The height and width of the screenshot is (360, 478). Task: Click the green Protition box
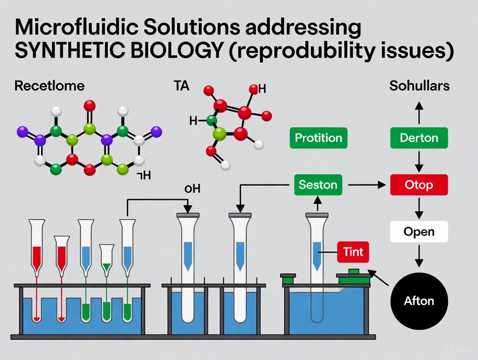(x=318, y=138)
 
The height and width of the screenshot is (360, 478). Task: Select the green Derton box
(x=419, y=138)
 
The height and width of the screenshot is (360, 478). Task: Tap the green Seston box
(x=318, y=185)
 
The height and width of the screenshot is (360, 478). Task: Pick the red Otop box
(x=419, y=185)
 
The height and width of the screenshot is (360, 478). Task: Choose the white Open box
(x=419, y=231)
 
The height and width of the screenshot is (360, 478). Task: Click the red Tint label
(x=353, y=252)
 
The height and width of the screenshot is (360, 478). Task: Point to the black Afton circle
(x=419, y=301)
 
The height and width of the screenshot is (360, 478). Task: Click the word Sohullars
(x=419, y=86)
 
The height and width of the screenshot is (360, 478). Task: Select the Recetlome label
(x=49, y=86)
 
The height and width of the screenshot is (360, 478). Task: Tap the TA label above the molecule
(x=181, y=86)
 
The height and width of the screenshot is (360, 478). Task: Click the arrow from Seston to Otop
(x=366, y=185)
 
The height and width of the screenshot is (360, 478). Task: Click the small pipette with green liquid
(x=107, y=260)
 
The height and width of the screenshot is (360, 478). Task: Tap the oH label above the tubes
(x=192, y=189)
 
